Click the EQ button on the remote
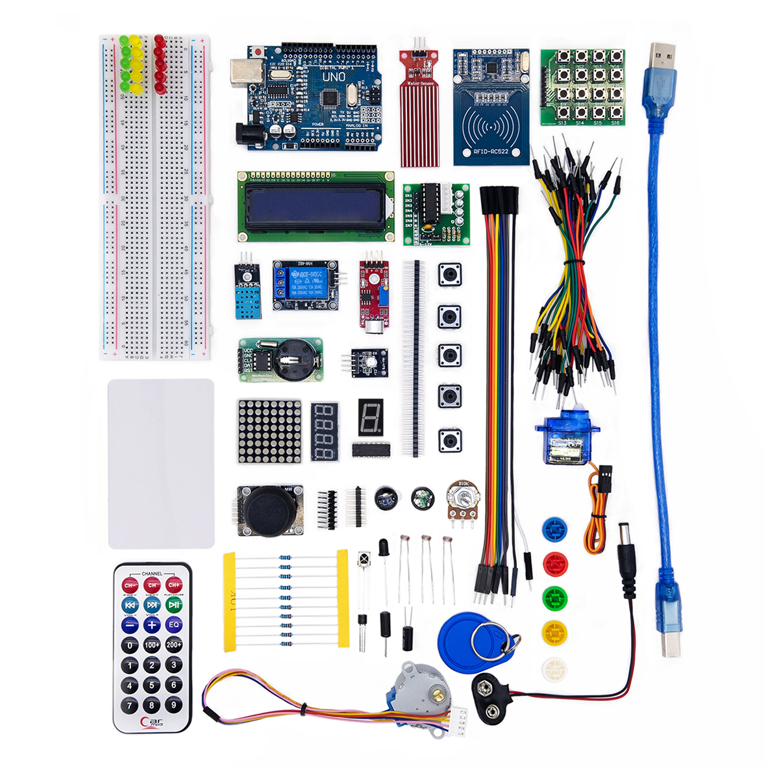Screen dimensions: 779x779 click(173, 624)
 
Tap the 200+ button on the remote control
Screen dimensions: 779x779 click(173, 645)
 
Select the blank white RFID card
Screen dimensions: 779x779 click(161, 463)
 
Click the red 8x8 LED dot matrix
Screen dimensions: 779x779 click(269, 431)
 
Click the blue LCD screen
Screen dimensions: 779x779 click(316, 206)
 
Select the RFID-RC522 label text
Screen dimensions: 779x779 click(491, 153)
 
